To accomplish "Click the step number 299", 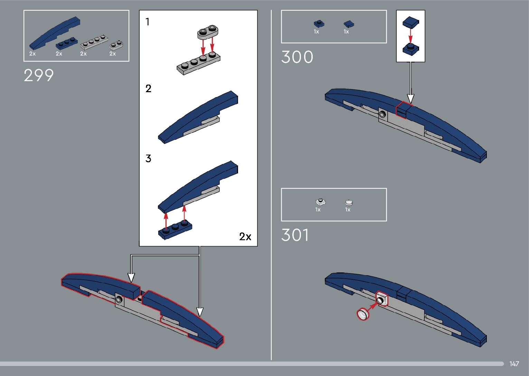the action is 39,75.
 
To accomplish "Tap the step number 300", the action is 297,57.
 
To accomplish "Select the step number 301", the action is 295,235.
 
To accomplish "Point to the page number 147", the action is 514,364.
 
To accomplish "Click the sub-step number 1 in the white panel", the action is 148,22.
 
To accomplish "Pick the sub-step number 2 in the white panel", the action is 148,89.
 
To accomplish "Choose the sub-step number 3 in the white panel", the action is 148,158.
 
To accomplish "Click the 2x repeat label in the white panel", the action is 245,237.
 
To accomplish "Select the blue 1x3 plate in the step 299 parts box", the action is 67,43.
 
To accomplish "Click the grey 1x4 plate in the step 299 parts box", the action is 94,41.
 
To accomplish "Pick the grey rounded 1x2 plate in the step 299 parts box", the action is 116,44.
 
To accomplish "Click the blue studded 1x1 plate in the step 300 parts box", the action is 319,24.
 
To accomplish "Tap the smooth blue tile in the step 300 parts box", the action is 349,24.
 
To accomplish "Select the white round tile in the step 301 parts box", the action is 349,203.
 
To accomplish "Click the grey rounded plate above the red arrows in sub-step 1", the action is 208,32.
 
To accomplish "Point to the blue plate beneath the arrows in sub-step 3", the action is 175,230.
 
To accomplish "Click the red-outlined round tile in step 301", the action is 363,314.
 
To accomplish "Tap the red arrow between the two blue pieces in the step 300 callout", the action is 410,35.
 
